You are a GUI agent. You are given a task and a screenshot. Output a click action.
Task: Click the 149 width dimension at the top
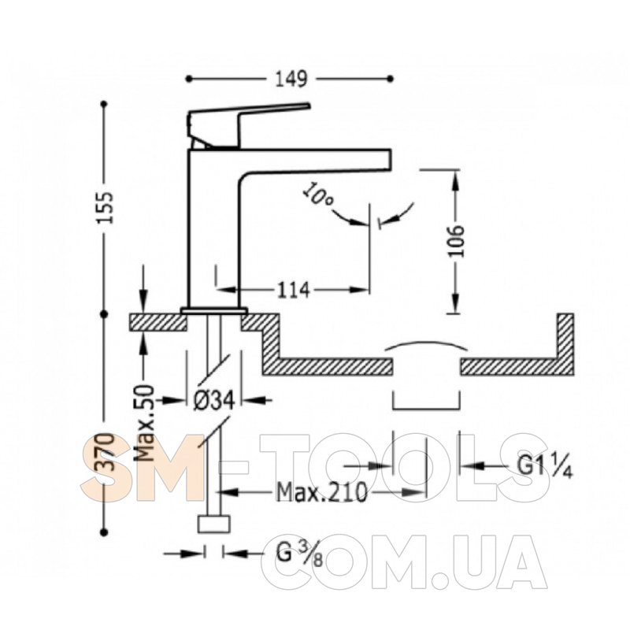click(291, 80)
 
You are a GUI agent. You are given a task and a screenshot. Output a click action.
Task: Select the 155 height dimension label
click(106, 208)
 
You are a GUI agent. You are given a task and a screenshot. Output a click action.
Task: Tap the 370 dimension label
click(106, 451)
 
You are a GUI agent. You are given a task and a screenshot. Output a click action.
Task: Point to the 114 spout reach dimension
click(293, 290)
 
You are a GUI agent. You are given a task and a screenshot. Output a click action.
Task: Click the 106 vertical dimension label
click(456, 241)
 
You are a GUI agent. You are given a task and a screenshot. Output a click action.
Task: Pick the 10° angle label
click(317, 196)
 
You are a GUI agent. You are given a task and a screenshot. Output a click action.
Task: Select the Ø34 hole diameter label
click(213, 400)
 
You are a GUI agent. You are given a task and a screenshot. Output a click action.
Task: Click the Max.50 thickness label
click(145, 423)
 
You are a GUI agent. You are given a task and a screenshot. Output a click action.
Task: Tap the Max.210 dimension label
click(322, 491)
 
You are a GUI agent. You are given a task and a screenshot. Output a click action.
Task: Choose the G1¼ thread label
click(544, 466)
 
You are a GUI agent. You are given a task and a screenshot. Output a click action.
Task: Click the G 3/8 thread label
click(299, 554)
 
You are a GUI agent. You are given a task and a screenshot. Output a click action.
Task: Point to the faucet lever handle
click(249, 124)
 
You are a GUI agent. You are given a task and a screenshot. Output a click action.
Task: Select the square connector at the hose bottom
click(214, 524)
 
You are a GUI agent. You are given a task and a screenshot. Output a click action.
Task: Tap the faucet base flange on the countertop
click(213, 310)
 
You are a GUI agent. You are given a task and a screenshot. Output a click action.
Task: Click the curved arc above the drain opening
click(426, 343)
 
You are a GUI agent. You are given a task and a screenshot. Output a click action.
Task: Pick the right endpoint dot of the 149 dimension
click(390, 80)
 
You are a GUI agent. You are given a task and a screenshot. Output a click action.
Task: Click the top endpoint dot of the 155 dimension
click(105, 104)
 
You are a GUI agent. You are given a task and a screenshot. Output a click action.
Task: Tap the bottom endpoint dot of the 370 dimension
click(105, 532)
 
